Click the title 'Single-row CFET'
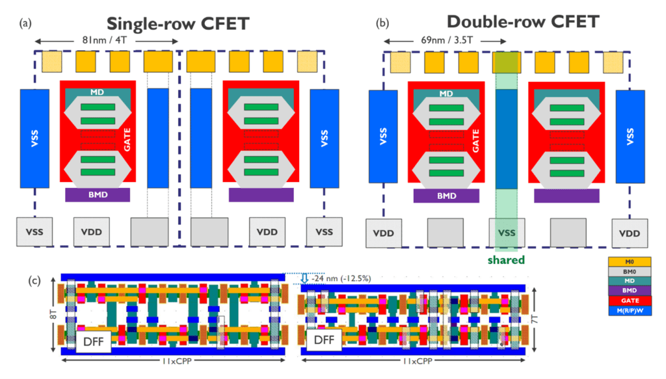[x=178, y=24]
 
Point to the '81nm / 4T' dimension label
[x=106, y=40]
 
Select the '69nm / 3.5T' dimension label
[x=445, y=40]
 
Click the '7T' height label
[x=535, y=319]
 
